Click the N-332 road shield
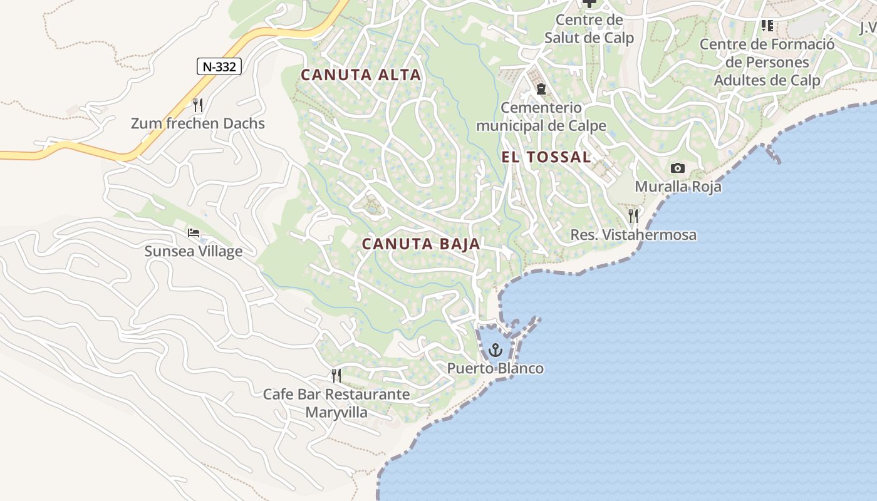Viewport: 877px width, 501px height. tap(219, 66)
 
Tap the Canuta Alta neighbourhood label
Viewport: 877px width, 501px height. tap(361, 75)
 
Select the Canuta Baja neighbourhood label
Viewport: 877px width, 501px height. tap(421, 244)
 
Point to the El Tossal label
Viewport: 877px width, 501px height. tap(546, 157)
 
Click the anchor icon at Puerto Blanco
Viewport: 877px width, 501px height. tap(496, 349)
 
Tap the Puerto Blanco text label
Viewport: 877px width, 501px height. tap(495, 368)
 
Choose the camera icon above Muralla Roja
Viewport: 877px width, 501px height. tap(677, 168)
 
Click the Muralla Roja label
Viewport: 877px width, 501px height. tap(678, 187)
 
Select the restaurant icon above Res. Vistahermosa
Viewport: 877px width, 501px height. tap(633, 216)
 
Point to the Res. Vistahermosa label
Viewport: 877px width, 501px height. tap(633, 235)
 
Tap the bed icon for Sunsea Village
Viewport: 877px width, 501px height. tap(194, 233)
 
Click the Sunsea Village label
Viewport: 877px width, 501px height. tap(194, 252)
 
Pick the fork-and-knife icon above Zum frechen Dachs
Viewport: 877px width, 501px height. tap(198, 105)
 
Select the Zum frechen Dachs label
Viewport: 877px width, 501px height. tap(198, 123)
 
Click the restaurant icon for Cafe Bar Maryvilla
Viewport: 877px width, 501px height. tap(336, 376)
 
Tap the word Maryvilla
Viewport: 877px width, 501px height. tap(336, 413)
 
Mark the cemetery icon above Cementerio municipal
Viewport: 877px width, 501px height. tap(541, 89)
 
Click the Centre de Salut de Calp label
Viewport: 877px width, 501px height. tap(589, 29)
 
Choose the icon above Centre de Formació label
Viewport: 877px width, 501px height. tap(767, 26)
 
